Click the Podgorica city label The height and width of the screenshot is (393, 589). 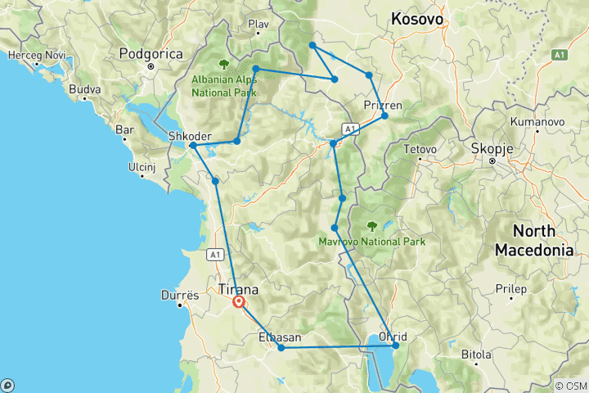coord(149,54)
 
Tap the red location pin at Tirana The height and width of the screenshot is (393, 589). coord(238,302)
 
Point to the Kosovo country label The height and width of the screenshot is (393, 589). coord(417,18)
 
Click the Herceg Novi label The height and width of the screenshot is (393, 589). coord(30,56)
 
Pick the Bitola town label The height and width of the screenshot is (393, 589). coord(476,355)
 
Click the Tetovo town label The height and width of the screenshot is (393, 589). coord(423,150)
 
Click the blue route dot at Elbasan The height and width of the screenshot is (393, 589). coord(281,348)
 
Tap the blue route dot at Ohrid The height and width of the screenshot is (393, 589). coord(395,346)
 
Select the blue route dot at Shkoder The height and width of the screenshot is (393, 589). coord(192,146)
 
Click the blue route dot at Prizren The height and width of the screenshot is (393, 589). coord(384,115)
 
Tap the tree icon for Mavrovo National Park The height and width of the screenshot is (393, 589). coord(372,226)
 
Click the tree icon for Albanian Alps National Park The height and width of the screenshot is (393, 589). coord(224,64)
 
